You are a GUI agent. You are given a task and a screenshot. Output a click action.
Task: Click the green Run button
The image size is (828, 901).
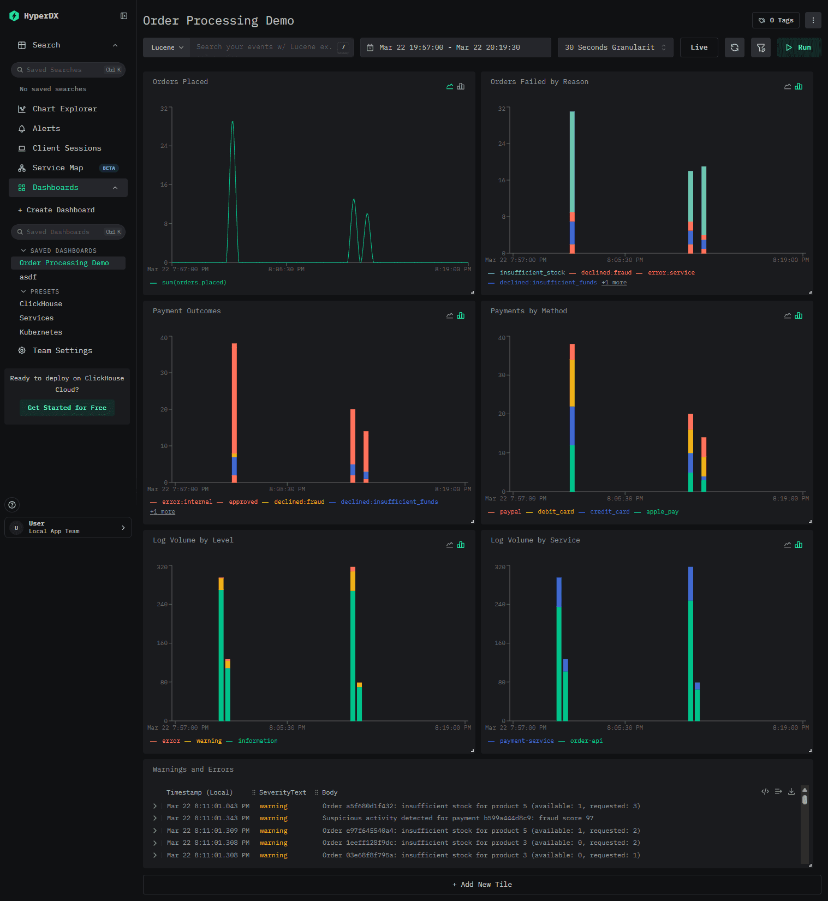click(x=799, y=47)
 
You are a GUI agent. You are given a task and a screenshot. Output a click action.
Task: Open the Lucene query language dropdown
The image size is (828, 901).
click(x=166, y=47)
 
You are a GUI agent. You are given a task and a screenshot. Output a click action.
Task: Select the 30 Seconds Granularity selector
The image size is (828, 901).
click(x=615, y=47)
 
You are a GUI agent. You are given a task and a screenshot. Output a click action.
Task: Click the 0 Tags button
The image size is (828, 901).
click(x=776, y=20)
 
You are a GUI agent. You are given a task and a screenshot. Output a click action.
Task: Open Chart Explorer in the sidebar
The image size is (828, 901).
click(x=64, y=109)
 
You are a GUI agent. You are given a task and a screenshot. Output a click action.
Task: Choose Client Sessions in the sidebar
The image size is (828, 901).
click(x=67, y=148)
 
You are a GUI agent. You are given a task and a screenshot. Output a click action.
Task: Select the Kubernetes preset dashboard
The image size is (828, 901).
click(x=41, y=332)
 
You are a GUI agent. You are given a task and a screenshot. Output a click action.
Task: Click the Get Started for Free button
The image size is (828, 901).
click(x=67, y=408)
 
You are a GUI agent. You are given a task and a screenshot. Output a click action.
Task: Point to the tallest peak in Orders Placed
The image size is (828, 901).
click(x=233, y=122)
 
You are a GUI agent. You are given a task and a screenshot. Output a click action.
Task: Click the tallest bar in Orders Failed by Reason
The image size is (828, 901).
click(x=572, y=182)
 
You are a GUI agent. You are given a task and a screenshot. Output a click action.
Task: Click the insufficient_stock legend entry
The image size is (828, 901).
click(x=532, y=273)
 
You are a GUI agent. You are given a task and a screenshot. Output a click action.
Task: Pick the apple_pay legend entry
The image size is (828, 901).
click(x=662, y=512)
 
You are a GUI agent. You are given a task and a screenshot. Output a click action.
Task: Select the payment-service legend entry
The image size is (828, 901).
click(x=526, y=741)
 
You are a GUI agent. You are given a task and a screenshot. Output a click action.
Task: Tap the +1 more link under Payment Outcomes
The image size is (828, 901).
click(x=163, y=512)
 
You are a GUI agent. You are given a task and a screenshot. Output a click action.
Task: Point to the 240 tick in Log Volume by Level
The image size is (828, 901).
click(x=163, y=604)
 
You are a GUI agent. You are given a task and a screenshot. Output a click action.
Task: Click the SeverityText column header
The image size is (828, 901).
click(x=282, y=792)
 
